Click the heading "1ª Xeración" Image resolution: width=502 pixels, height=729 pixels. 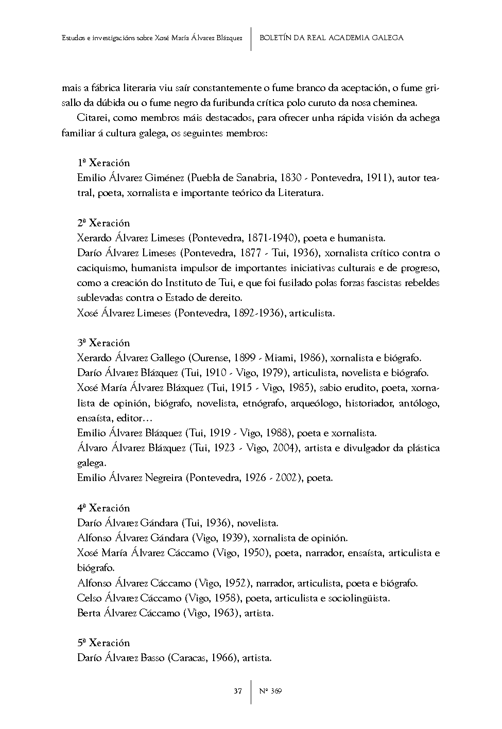point(103,163)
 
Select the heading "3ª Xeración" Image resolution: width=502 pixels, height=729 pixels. point(103,343)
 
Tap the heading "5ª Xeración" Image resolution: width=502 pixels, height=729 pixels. point(103,643)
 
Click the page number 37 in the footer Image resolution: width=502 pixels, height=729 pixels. point(238,691)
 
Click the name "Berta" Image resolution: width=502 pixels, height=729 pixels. point(89,613)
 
